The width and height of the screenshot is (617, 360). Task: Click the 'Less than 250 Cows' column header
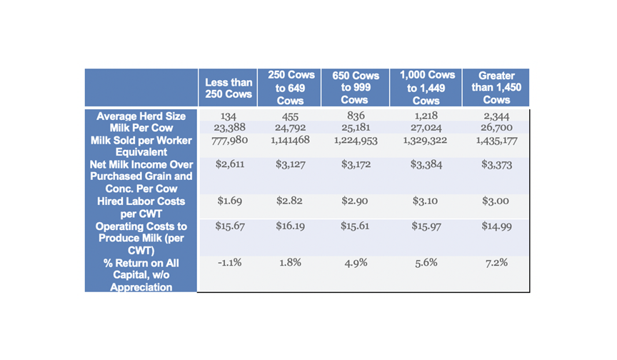[229, 89]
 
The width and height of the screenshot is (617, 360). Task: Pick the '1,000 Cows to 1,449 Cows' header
[427, 88]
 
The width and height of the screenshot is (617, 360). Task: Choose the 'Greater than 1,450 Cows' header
[496, 88]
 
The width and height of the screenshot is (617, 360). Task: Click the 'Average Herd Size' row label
[141, 116]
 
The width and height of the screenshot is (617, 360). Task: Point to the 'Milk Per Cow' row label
[141, 127]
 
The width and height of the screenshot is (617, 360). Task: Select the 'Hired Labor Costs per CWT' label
[141, 207]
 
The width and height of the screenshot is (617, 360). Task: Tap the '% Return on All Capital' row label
[141, 275]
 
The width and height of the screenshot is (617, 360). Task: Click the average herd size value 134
[229, 116]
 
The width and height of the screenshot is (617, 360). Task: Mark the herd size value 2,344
[496, 116]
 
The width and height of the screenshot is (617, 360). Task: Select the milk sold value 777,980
[229, 140]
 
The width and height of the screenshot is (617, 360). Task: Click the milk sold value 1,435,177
[496, 141]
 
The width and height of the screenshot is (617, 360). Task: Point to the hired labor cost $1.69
[229, 201]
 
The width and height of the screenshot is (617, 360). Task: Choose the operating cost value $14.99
[496, 226]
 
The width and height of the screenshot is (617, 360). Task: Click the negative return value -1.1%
[229, 263]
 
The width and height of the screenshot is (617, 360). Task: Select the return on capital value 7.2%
[496, 263]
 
